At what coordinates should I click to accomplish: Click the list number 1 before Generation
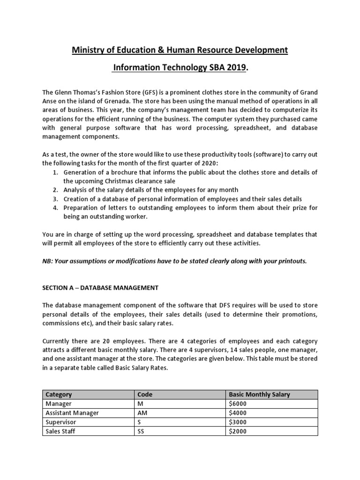(x=55, y=172)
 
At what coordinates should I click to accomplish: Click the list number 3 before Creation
(x=55, y=199)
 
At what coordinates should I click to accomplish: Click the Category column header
(x=59, y=395)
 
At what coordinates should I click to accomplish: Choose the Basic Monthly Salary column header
(x=259, y=395)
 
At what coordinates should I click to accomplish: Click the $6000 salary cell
(x=238, y=404)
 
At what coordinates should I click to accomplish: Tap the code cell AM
(x=142, y=413)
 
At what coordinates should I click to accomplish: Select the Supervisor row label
(x=60, y=422)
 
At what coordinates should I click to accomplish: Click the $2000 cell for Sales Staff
(x=238, y=431)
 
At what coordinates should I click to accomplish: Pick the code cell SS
(x=140, y=431)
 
